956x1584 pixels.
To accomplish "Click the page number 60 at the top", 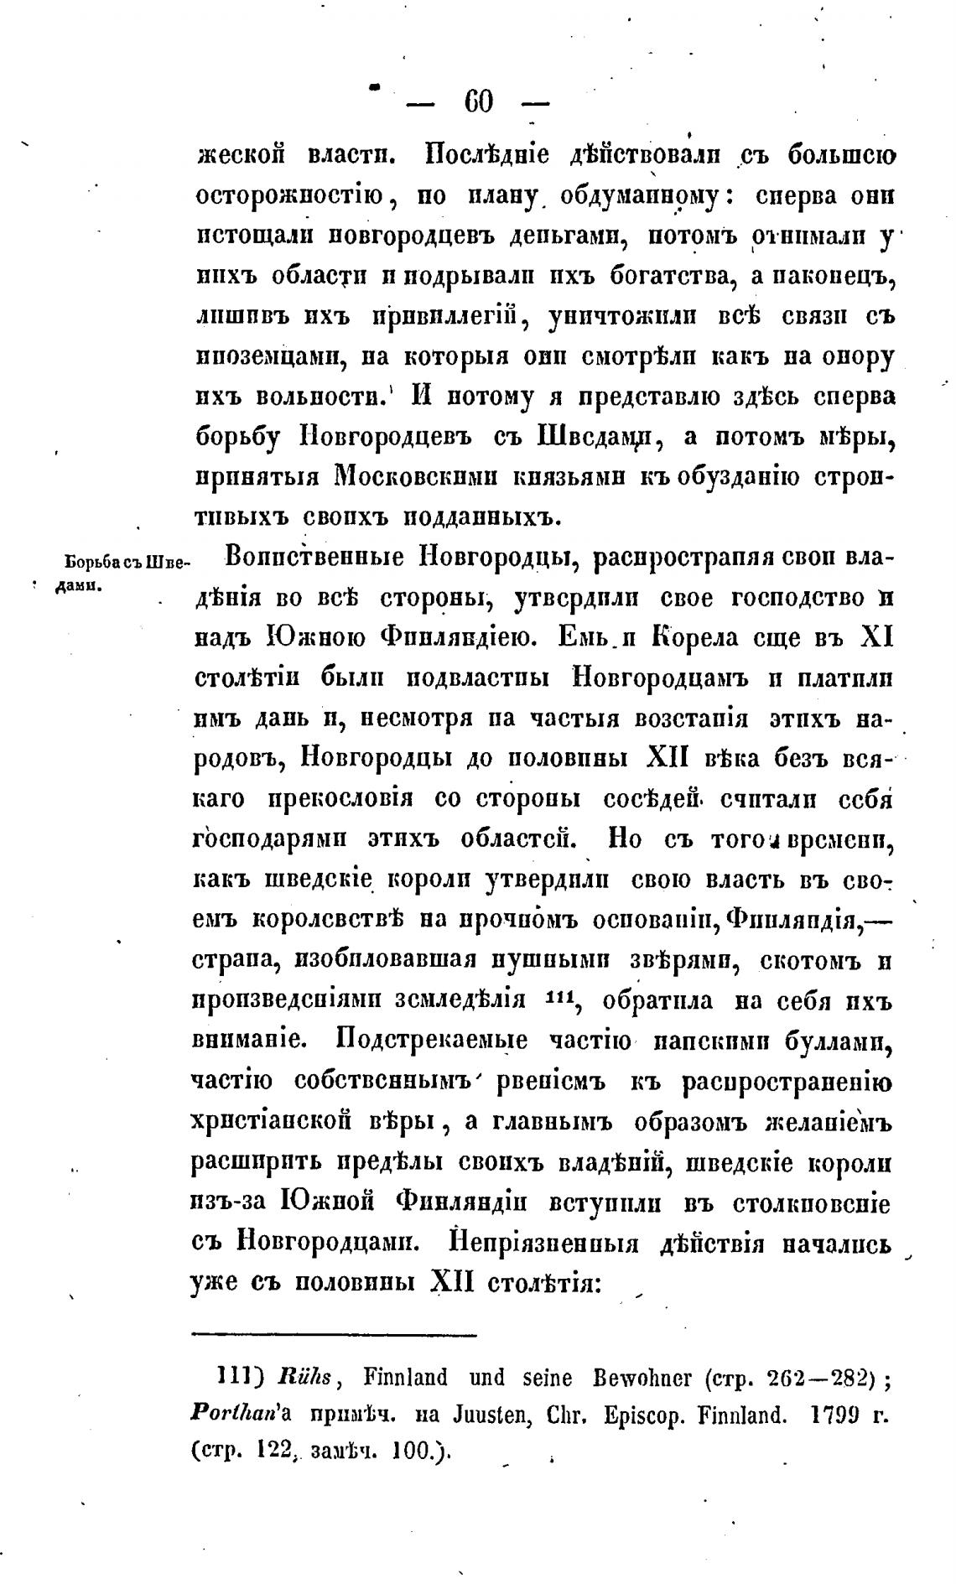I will (478, 103).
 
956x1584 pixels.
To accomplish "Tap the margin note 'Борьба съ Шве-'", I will (122, 562).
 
